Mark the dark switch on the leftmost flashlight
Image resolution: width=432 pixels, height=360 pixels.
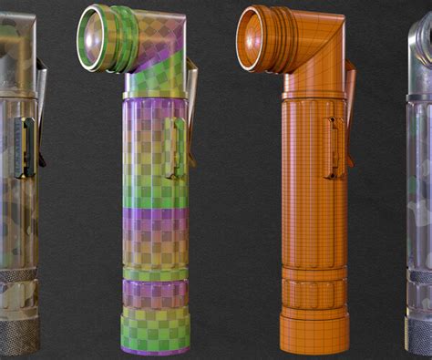click(26, 146)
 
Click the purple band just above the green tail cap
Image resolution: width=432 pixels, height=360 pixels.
click(155, 293)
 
